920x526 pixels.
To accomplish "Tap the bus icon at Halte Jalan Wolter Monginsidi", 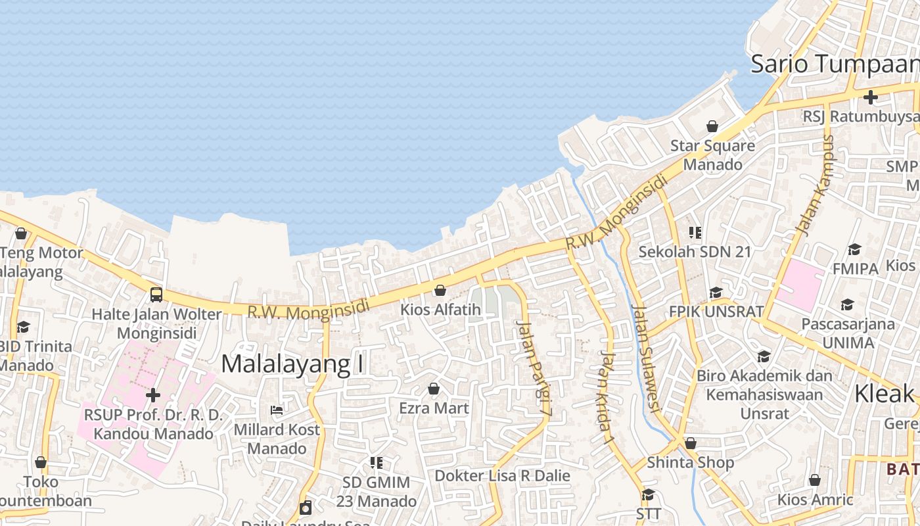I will [156, 294].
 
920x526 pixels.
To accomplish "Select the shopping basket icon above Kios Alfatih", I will [440, 290].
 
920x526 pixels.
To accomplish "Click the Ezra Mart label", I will [434, 408].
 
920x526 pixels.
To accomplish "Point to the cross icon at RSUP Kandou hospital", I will [153, 395].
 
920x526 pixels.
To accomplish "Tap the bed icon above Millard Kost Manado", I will [277, 410].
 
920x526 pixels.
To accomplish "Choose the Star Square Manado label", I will [712, 155].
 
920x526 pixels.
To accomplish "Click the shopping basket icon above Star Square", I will [712, 126].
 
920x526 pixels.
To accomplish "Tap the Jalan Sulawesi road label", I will [645, 358].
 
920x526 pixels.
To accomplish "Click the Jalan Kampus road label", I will [814, 185].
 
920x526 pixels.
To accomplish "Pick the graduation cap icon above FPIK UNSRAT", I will [716, 293].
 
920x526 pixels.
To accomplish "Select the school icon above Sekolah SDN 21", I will [695, 232].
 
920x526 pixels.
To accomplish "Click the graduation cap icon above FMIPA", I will [854, 249].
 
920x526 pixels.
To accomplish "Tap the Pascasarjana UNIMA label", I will [848, 333].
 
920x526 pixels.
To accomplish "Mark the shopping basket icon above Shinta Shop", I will [690, 443].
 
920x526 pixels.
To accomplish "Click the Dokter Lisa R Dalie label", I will [503, 475].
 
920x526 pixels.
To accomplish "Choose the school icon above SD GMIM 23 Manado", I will [376, 463].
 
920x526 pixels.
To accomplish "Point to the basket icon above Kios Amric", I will [815, 480].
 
